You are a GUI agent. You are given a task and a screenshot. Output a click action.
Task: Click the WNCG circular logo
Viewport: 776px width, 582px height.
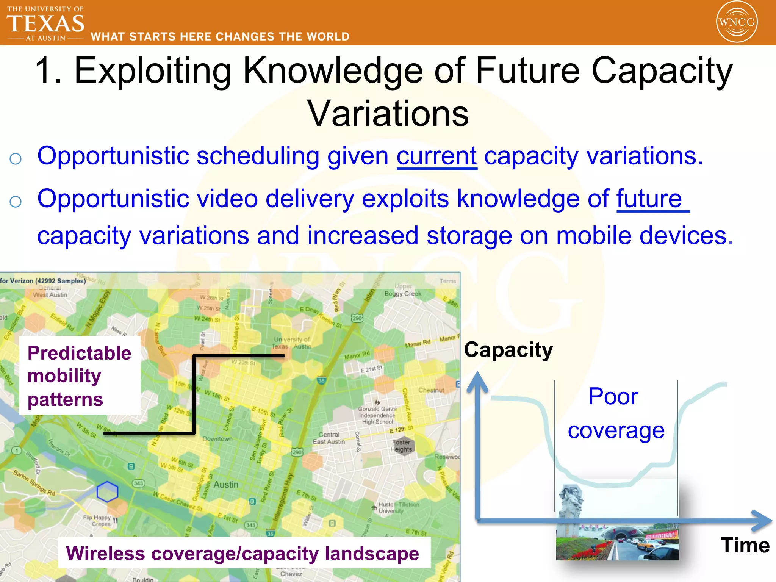coord(737,22)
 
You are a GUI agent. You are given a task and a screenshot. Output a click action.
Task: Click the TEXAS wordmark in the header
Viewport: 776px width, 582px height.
coord(45,23)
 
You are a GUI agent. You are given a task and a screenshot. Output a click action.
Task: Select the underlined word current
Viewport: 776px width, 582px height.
coord(436,156)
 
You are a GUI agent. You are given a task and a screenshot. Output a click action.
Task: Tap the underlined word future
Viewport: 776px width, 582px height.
coord(649,199)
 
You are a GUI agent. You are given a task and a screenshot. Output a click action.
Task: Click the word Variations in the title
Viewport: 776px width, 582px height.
coord(388,114)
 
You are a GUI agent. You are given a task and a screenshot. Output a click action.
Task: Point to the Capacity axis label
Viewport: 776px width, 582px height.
coord(508,349)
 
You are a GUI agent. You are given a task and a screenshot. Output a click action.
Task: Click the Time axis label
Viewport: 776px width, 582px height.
coord(745,545)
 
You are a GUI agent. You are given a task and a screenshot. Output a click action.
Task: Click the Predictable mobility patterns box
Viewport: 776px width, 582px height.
coord(80,375)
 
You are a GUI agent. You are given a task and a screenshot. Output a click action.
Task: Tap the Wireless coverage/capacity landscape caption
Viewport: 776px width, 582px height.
coord(242,553)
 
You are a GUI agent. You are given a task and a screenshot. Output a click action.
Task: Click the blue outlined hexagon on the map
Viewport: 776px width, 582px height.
coord(107,492)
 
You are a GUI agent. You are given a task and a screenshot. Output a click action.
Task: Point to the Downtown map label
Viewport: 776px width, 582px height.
coord(217,439)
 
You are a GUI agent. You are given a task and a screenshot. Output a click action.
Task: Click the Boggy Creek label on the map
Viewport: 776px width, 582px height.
coord(403,293)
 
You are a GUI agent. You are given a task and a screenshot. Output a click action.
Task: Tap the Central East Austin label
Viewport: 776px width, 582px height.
coord(329,438)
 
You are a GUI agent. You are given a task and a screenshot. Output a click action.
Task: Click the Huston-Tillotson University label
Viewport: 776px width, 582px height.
coord(399,507)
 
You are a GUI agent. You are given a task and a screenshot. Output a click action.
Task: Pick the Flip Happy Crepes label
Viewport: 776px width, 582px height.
coord(97,520)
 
